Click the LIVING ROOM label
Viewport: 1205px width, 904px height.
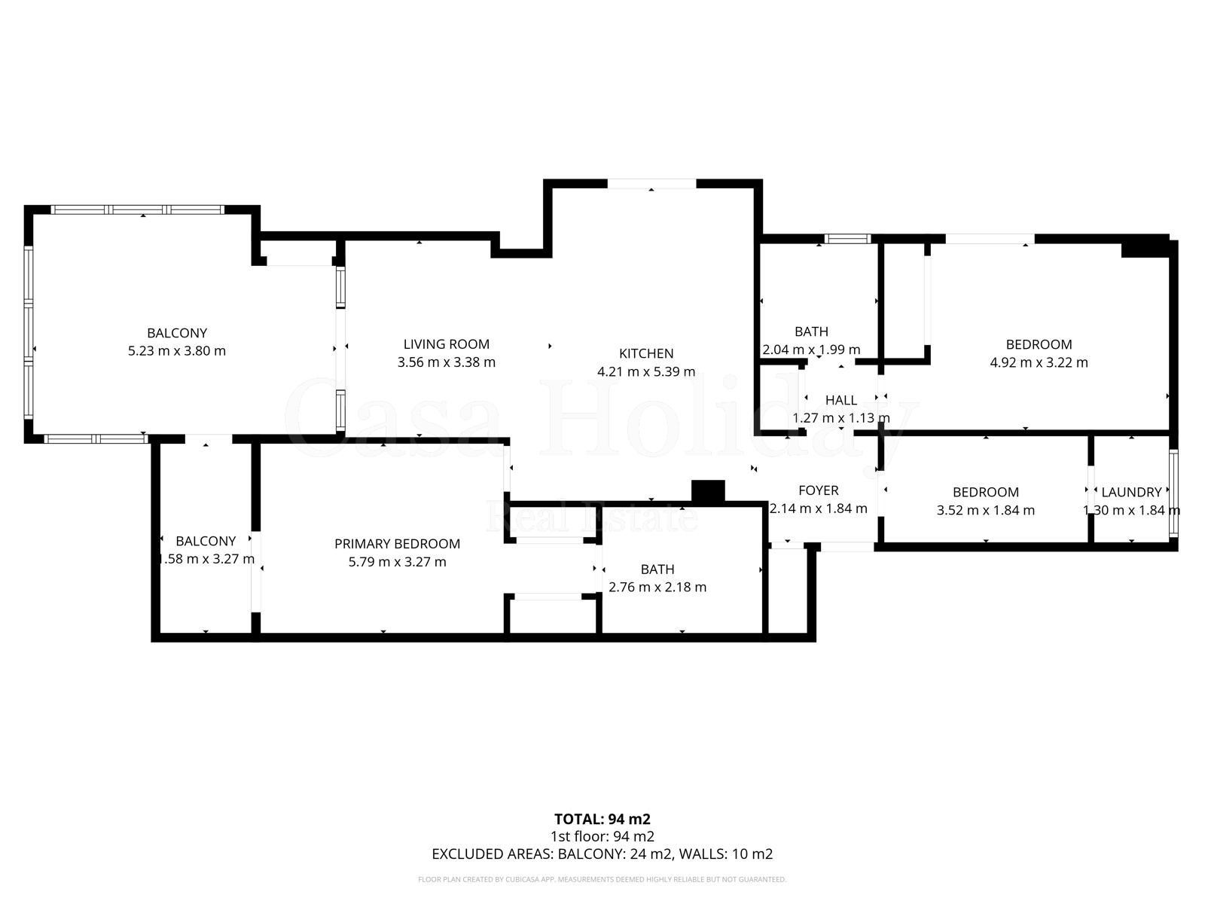pos(446,344)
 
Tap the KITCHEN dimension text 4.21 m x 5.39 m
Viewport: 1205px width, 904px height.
pos(645,371)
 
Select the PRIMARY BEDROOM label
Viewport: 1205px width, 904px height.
pos(397,544)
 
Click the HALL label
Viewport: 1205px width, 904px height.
pos(840,400)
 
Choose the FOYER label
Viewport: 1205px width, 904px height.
pos(818,490)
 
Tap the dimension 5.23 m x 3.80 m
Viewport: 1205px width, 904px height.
pos(177,351)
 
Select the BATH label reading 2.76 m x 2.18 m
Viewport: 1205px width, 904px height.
pos(657,570)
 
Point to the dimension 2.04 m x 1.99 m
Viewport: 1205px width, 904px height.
pos(811,350)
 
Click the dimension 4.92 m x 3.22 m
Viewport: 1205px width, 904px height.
pos(1039,362)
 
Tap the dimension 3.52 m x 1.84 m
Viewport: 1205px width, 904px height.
pos(985,510)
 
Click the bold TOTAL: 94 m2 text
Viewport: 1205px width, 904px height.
pos(602,819)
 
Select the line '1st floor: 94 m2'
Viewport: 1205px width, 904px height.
pos(602,836)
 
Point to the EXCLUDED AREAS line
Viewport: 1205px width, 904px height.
pos(602,854)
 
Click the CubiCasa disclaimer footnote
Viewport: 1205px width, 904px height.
pos(602,879)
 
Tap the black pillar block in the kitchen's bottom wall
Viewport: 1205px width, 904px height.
pos(708,491)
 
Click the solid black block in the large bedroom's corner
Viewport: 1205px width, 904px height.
pos(1144,247)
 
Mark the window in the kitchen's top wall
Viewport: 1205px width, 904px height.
pos(651,184)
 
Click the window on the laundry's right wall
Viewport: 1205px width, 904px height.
pos(1173,493)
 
